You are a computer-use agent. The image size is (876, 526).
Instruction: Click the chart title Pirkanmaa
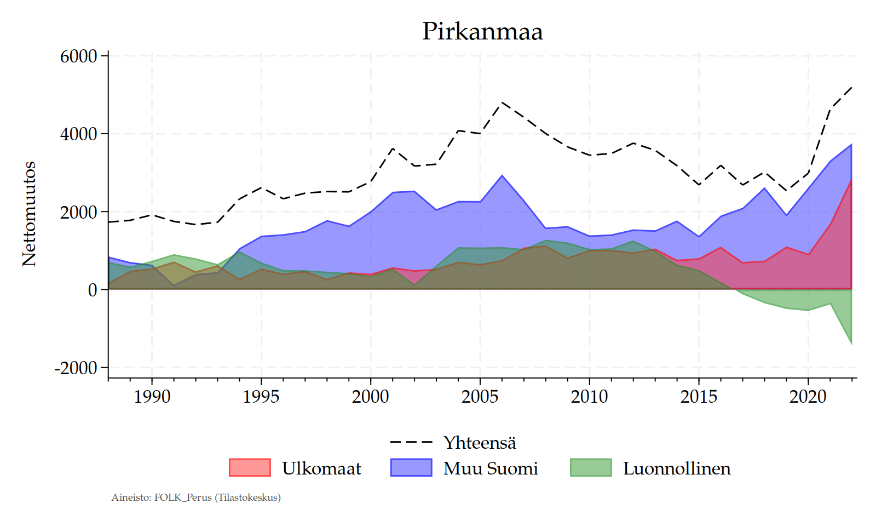[x=482, y=31]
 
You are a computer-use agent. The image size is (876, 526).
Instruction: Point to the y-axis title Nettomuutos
[x=29, y=214]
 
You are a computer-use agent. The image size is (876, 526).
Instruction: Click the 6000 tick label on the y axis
[x=78, y=56]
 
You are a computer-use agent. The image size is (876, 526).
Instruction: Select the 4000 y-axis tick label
[x=78, y=134]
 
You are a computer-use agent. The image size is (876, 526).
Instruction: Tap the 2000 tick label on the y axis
[x=78, y=212]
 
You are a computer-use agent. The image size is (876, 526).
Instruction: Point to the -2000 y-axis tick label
[x=76, y=368]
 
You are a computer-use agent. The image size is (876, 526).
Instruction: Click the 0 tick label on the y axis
[x=92, y=290]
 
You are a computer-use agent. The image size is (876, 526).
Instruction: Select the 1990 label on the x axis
[x=152, y=396]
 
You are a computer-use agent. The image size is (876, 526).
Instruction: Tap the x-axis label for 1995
[x=261, y=396]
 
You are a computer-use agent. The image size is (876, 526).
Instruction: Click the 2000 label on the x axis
[x=371, y=396]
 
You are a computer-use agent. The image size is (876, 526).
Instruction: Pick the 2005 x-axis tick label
[x=480, y=396]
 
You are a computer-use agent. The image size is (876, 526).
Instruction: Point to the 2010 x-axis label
[x=589, y=396]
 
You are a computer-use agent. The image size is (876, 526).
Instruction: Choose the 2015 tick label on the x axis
[x=699, y=396]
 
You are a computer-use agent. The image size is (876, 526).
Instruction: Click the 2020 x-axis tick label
[x=808, y=396]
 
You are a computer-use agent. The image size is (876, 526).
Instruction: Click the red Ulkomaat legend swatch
[x=250, y=467]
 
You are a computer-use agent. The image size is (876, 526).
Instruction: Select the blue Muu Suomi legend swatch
[x=411, y=467]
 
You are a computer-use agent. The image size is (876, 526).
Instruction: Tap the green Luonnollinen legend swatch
[x=590, y=467]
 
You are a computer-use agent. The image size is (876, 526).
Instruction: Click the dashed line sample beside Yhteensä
[x=411, y=442]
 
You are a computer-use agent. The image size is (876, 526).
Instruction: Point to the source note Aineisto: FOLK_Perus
[x=196, y=498]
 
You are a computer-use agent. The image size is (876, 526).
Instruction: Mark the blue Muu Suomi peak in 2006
[x=502, y=176]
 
